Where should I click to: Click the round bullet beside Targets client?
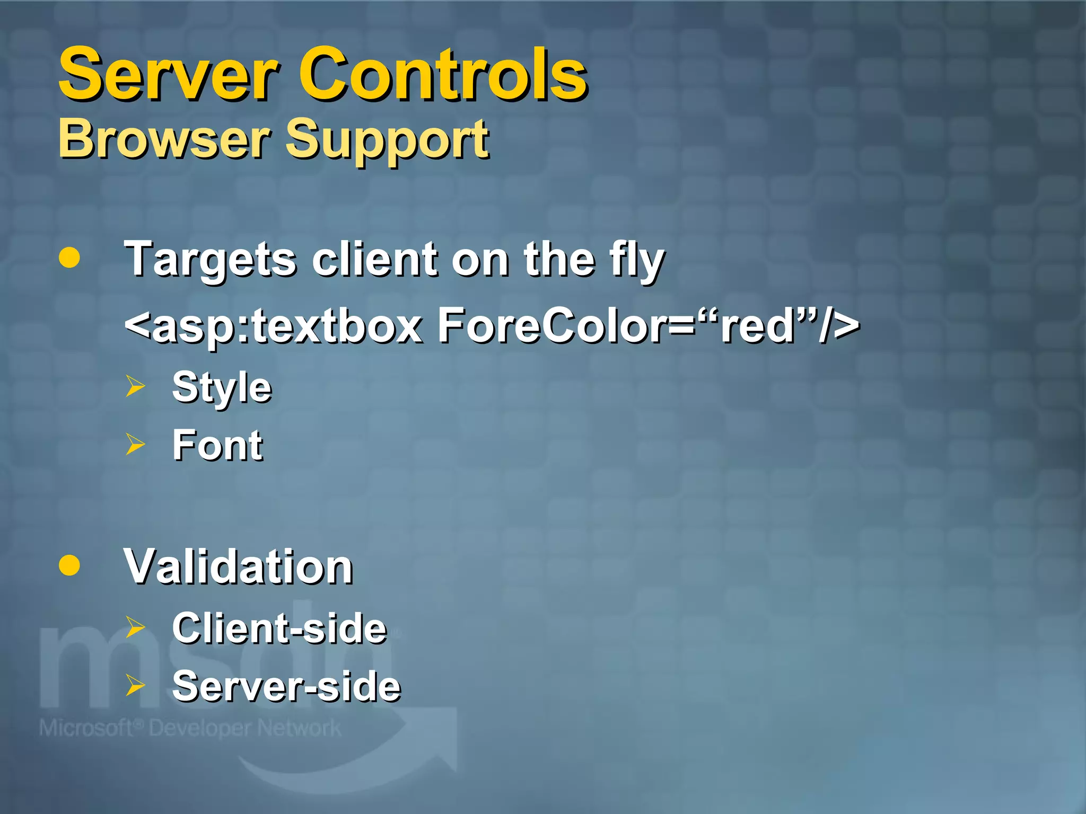69,258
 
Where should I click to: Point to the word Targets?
210,260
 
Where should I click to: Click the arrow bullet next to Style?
135,386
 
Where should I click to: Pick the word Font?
217,445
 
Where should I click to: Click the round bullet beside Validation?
69,565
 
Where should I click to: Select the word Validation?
239,567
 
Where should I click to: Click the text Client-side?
279,629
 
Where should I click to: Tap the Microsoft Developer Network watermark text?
190,728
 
